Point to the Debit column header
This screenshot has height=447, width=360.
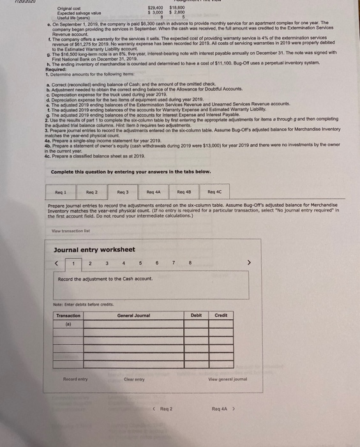[x=195, y=315]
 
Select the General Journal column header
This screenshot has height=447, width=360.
[x=133, y=315]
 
